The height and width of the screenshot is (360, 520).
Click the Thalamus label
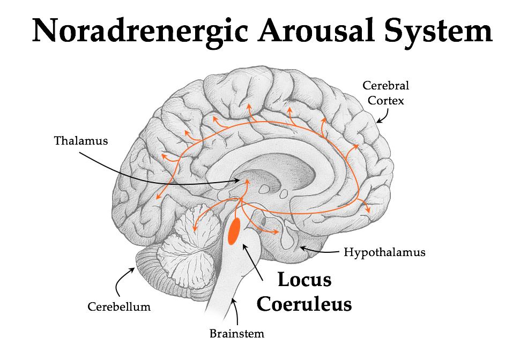[x=81, y=141]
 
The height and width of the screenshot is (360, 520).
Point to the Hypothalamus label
[x=384, y=252]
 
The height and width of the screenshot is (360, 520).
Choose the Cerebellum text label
[x=119, y=307]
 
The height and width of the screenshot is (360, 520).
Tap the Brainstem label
[x=236, y=334]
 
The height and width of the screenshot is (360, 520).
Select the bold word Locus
[x=304, y=280]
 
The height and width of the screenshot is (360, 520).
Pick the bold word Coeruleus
[x=304, y=303]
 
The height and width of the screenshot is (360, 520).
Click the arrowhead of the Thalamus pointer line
[x=234, y=182]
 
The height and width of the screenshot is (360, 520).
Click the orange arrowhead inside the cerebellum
[x=195, y=229]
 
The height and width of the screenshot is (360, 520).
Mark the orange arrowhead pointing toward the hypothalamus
[x=276, y=232]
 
